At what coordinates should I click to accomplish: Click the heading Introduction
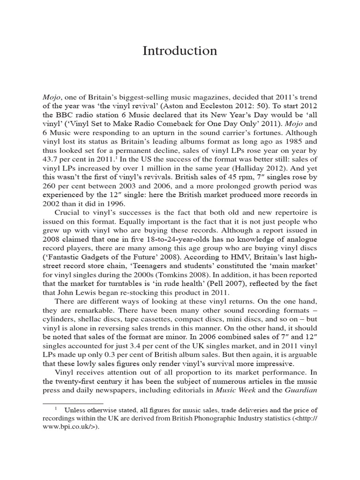(x=180, y=51)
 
